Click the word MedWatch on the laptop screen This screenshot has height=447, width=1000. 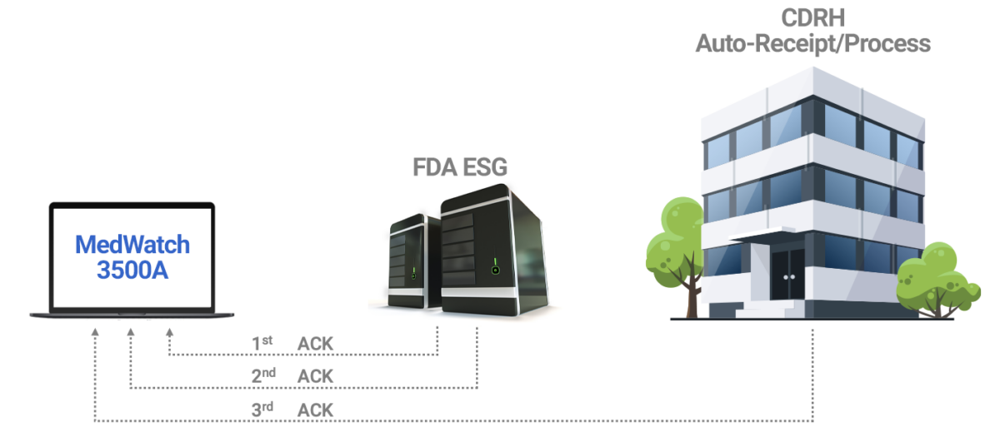[x=132, y=245]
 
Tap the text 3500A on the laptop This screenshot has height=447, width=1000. [x=132, y=270]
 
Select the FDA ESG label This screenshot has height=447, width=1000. [x=460, y=167]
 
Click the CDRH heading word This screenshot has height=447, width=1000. [x=812, y=17]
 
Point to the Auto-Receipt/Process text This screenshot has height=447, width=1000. [x=812, y=42]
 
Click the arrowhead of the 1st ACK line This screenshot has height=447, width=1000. [x=170, y=332]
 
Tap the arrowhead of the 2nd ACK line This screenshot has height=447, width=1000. [x=131, y=332]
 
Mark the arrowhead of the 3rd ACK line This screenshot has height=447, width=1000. [x=95, y=332]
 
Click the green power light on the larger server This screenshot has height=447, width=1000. [x=495, y=269]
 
